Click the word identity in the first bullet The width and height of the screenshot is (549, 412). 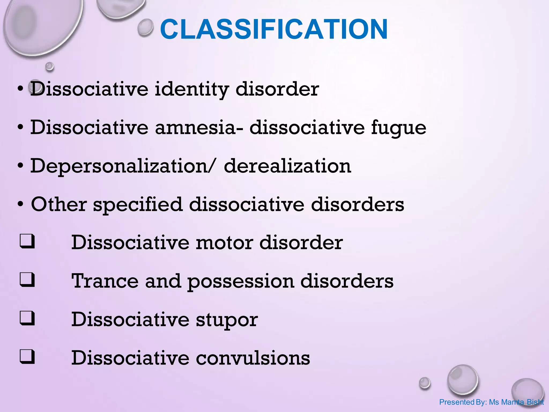pos(192,89)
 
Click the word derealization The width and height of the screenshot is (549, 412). pos(287,166)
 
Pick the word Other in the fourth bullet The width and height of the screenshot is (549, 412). pos(59,204)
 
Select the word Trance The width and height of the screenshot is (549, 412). pos(105,281)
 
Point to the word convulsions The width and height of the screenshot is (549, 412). pos(253,358)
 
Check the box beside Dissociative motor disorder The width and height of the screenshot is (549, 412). pos(27,241)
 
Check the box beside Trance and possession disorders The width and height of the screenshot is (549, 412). pos(27,279)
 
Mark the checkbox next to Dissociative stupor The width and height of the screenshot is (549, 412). pos(27,318)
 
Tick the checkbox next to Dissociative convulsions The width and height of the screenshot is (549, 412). pos(27,356)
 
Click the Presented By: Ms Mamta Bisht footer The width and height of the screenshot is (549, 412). pos(491,402)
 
